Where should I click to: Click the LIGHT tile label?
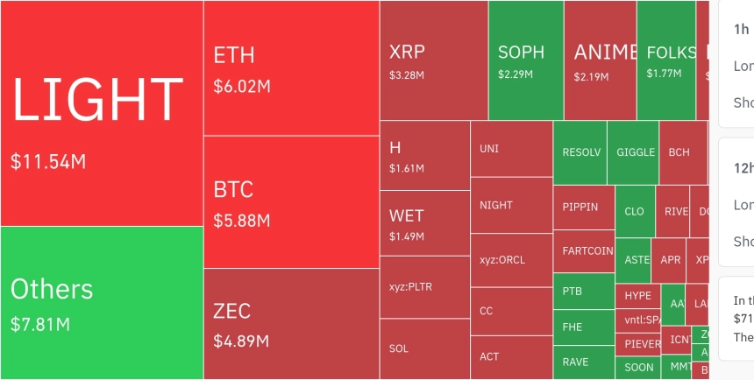click(x=97, y=99)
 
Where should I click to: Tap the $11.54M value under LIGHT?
click(x=48, y=162)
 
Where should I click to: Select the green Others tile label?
click(x=52, y=289)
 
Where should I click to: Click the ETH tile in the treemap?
click(x=234, y=55)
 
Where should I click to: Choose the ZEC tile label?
click(x=232, y=311)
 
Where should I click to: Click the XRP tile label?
click(x=407, y=52)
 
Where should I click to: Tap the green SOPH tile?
click(x=521, y=53)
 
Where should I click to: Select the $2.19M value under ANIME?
click(x=591, y=77)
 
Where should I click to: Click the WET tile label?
click(x=407, y=215)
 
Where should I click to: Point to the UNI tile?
click(x=489, y=148)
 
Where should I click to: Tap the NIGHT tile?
click(x=496, y=205)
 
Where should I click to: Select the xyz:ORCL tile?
click(x=502, y=260)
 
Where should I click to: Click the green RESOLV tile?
click(x=582, y=152)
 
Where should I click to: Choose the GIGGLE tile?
click(x=636, y=152)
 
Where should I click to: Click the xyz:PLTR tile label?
click(x=410, y=286)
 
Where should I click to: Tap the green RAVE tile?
click(x=575, y=362)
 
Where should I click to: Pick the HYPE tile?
click(x=637, y=296)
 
